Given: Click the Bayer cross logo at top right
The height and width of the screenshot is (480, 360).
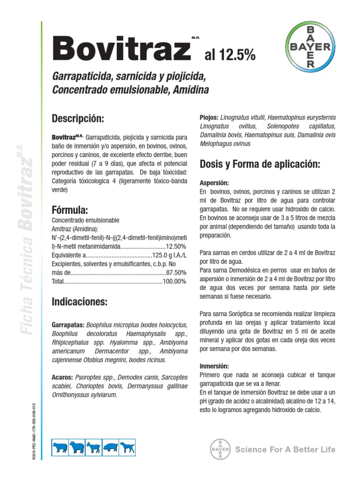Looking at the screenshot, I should pos(310,46).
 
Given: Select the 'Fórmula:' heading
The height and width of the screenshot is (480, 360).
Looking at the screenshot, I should pos(70,209).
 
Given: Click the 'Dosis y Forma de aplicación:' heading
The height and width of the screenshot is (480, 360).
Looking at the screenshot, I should pos(260,164).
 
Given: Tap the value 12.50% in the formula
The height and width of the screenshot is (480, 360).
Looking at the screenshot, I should pos(176,246).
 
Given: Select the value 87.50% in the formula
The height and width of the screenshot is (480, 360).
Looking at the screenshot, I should pos(176,272).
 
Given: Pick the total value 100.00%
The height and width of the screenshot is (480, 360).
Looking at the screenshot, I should pos(174,281).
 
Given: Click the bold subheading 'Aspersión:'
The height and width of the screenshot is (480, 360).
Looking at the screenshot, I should pos(214,183).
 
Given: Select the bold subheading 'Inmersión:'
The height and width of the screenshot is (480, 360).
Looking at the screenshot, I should pos(214,366).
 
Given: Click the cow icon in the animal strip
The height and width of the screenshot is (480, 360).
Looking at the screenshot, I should pos(60,448).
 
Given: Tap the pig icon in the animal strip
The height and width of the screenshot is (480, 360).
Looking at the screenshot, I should pos(111,448).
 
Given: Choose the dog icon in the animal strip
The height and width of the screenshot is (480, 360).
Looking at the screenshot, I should pos(127,448).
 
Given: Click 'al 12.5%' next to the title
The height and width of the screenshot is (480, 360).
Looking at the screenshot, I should pos(230,56).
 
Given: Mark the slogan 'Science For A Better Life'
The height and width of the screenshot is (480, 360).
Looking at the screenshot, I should pos(285,450).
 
